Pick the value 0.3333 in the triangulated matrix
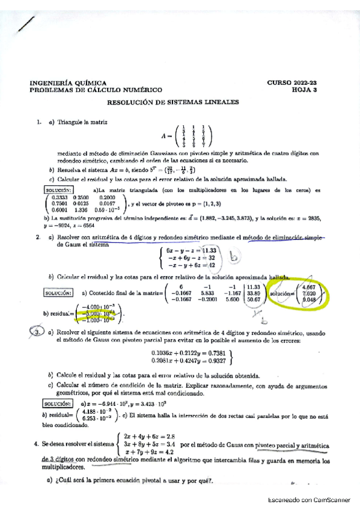tap(59, 197)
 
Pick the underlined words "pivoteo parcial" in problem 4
tap(275, 446)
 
